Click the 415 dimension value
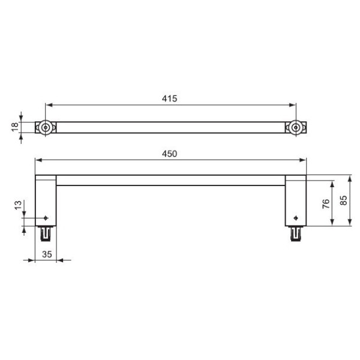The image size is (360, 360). coord(170,98)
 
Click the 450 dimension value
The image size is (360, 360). coord(170,154)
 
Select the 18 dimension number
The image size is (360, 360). coord(15,127)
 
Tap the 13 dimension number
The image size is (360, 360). coord(18,205)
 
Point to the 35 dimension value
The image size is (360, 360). coord(48,254)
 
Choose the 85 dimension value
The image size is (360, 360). coord(343,200)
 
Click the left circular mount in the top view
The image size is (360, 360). coord(46,127)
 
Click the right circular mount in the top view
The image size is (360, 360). coord(295,127)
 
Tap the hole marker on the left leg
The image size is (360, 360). coord(46,217)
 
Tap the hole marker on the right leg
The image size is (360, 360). coord(295,217)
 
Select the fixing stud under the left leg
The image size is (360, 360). coord(46,232)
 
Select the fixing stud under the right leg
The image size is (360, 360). coord(295,232)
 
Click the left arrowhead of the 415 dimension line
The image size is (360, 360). coord(49,105)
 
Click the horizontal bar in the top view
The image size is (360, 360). coord(170,127)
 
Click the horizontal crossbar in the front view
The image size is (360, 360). coord(170,180)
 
